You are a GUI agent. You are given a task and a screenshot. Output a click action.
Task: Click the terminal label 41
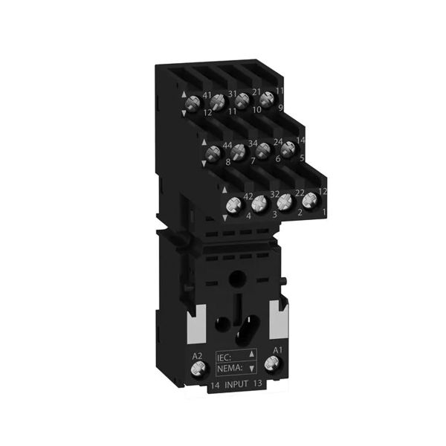tap(207, 95)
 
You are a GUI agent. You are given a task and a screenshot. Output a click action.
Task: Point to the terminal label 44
tap(227, 144)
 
